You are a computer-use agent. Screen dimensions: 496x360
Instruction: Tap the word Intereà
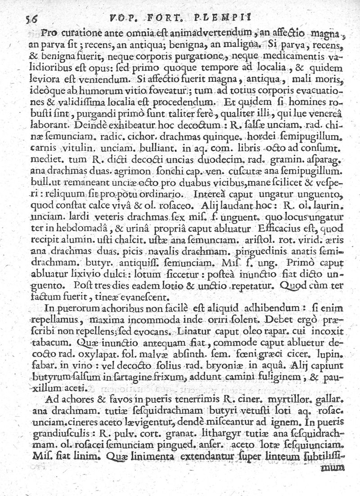point(207,195)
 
